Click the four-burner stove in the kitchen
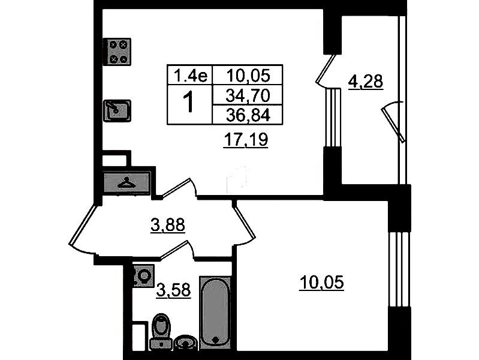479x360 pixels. coord(117,52)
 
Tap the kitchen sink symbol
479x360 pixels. coord(117,111)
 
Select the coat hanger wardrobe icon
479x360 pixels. coord(126,182)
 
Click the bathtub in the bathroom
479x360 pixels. coord(215,313)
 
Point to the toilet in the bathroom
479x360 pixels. coord(161,331)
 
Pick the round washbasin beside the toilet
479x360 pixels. coord(186,342)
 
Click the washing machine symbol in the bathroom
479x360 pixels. coord(143,276)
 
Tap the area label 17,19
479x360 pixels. coord(246,140)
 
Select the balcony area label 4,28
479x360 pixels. coord(365,82)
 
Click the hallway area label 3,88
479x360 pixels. coord(168,225)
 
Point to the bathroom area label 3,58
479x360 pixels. coord(173,290)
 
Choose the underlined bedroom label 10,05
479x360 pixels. coord(322,283)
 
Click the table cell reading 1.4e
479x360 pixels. coord(190,75)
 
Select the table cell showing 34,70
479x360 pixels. coord(248,95)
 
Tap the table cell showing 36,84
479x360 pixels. coord(248,115)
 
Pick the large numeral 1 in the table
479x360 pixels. coord(189,103)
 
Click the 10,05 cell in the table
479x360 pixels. coord(248,75)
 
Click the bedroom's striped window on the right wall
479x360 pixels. coord(399,269)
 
